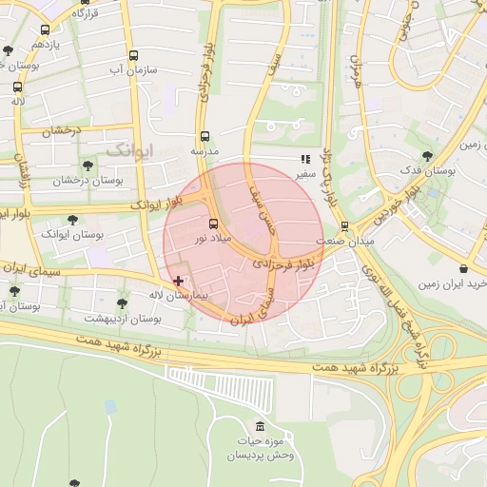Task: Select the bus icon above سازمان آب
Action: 133,55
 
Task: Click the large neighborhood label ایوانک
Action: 128,149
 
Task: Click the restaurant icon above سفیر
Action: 305,160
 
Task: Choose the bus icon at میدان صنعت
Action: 343,226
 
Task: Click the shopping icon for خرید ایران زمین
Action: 462,268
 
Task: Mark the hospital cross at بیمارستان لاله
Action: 179,281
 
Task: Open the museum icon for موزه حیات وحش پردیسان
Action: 262,425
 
